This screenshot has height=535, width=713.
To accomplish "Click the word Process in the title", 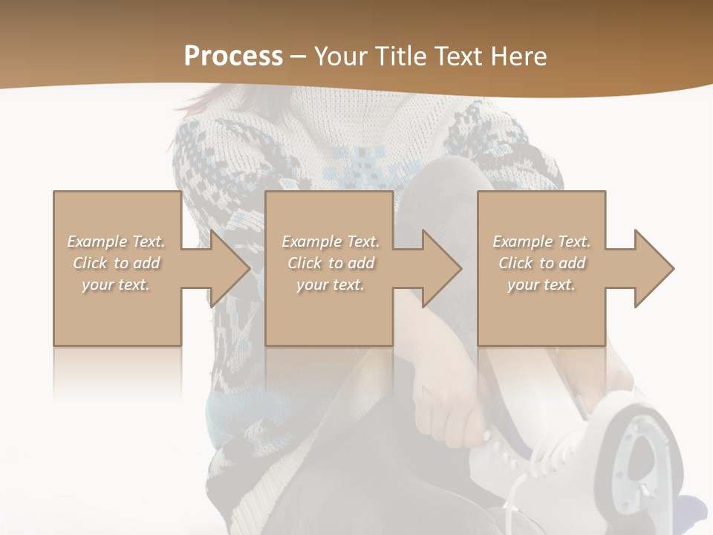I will [x=233, y=56].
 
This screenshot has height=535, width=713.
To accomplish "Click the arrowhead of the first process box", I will [x=230, y=268].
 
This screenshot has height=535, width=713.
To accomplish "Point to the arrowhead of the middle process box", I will [x=443, y=268].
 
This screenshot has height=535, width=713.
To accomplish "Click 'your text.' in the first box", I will [x=116, y=285].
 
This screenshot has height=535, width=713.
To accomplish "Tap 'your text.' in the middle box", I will [x=330, y=285].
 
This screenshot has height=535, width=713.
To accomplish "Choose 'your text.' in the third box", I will [x=541, y=285].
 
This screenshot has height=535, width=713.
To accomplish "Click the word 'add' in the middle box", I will [x=361, y=263].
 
